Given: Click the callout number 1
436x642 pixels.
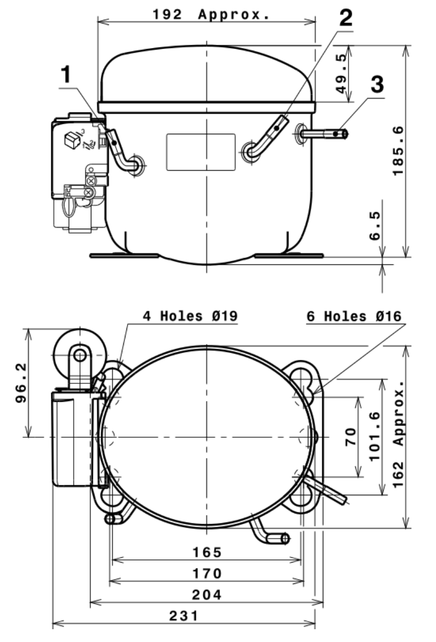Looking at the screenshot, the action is tap(66, 74).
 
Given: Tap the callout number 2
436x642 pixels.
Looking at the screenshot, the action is tap(346, 18).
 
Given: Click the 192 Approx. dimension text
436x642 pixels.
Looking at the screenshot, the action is tap(211, 14).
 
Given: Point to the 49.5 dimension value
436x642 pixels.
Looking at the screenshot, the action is tap(342, 74).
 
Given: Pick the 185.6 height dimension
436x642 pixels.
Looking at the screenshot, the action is tap(398, 151).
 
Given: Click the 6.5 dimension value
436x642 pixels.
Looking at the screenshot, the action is tap(375, 226).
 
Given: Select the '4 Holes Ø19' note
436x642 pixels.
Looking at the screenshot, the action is tap(191, 316).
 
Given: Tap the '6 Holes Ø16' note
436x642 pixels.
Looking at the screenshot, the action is tap(354, 316).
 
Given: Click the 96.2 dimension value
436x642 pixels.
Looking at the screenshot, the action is tap(21, 383).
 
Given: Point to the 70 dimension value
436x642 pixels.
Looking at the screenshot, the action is tap(351, 437).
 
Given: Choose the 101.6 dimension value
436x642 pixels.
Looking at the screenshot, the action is tap(375, 437).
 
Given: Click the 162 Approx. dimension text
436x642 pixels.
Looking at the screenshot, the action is tap(398, 434).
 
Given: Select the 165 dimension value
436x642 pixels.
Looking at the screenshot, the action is tap(207, 552).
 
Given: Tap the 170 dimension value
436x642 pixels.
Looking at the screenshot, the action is tap(207, 574).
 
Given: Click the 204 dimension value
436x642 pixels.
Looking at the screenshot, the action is tap(207, 595).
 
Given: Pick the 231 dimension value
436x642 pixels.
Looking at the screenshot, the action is tap(184, 616).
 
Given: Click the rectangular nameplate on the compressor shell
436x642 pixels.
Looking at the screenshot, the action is tap(201, 152).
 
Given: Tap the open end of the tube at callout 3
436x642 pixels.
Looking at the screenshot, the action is tap(345, 134).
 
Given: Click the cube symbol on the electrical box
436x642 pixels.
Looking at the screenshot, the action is tap(72, 140).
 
